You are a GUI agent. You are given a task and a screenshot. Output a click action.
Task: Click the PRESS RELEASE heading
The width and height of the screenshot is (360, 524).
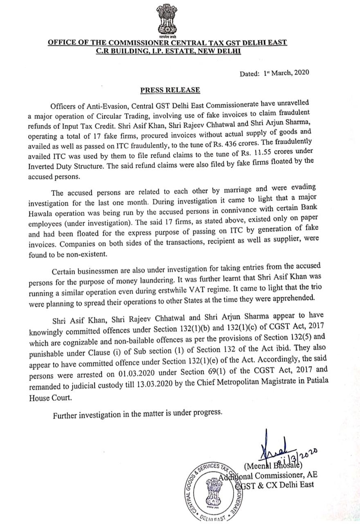[170, 90]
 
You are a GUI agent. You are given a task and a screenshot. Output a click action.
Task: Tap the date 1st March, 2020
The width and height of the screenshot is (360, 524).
[286, 73]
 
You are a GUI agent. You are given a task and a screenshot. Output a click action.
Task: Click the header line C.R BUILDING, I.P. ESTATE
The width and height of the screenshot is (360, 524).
[168, 51]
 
